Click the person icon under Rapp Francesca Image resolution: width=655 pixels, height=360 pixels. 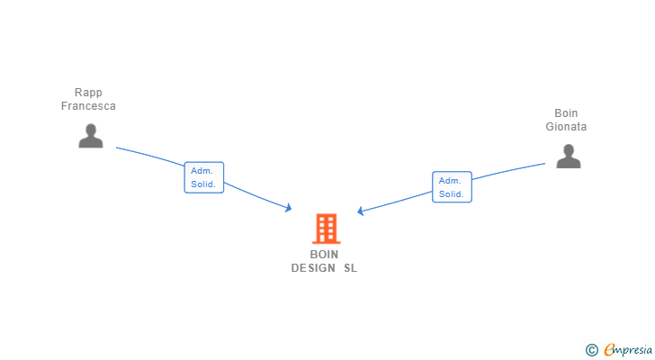[90, 136]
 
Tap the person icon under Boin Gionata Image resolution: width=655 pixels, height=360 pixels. [568, 157]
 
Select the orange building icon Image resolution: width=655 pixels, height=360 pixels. [326, 229]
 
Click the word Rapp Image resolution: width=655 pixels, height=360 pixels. [88, 93]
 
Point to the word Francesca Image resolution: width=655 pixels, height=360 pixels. [88, 106]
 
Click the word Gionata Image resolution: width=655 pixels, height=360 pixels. [566, 127]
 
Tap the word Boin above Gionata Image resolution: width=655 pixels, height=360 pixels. [566, 113]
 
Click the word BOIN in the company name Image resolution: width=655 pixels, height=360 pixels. [324, 255]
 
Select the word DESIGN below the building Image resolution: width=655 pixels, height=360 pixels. [313, 268]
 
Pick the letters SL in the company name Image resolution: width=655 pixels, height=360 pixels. [350, 268]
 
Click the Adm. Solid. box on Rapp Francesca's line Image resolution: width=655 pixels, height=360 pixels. [203, 177]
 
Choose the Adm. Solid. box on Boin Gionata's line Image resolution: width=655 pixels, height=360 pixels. [452, 187]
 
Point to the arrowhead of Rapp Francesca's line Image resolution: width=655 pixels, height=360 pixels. [289, 208]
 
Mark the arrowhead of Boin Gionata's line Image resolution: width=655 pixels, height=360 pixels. [360, 212]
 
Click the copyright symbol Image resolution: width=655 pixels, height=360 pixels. [591, 350]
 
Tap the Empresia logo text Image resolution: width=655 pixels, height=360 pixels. [631, 350]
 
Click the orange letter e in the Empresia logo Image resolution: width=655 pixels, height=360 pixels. [610, 350]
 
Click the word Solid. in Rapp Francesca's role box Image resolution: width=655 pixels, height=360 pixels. [202, 184]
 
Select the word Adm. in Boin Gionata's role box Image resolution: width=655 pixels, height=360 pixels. [449, 180]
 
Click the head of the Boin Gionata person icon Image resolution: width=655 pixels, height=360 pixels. [568, 149]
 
